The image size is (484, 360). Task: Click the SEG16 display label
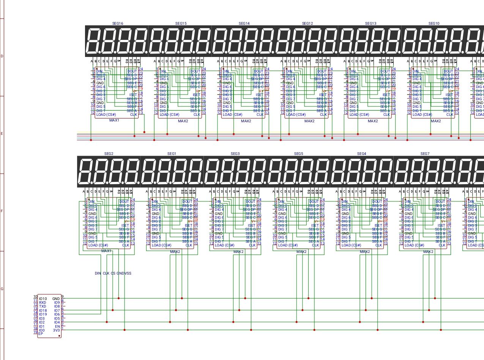click(118, 23)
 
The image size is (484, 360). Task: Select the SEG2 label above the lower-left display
click(109, 154)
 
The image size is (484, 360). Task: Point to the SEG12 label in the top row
click(307, 23)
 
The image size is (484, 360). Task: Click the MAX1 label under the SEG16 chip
click(114, 120)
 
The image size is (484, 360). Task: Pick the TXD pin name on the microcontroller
click(43, 306)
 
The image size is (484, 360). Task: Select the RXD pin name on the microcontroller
click(43, 303)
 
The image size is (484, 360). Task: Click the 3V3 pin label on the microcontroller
click(57, 330)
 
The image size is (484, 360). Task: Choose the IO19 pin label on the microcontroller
click(43, 314)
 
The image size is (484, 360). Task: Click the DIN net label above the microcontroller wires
click(98, 273)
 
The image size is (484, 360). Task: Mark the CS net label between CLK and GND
click(113, 273)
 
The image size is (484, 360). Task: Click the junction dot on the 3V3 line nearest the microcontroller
click(125, 330)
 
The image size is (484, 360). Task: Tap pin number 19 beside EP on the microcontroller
click(35, 333)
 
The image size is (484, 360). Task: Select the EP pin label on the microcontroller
click(41, 333)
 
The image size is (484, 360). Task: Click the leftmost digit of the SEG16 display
click(94, 41)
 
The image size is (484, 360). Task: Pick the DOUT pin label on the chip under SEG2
click(124, 202)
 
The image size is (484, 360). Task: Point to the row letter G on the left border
click(2, 289)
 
